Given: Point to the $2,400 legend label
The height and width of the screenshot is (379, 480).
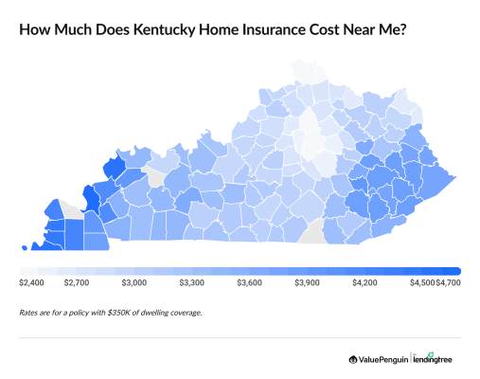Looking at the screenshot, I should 32,282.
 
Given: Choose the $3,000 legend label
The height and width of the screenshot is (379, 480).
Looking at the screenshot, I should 133,282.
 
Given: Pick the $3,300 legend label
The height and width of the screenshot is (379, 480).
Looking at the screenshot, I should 191,282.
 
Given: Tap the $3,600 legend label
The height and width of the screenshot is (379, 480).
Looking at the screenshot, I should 249,282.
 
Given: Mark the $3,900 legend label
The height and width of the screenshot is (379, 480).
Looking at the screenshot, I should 307,282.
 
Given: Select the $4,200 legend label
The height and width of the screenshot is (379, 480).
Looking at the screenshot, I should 364,282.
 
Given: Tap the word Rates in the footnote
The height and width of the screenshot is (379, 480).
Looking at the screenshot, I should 29,312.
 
